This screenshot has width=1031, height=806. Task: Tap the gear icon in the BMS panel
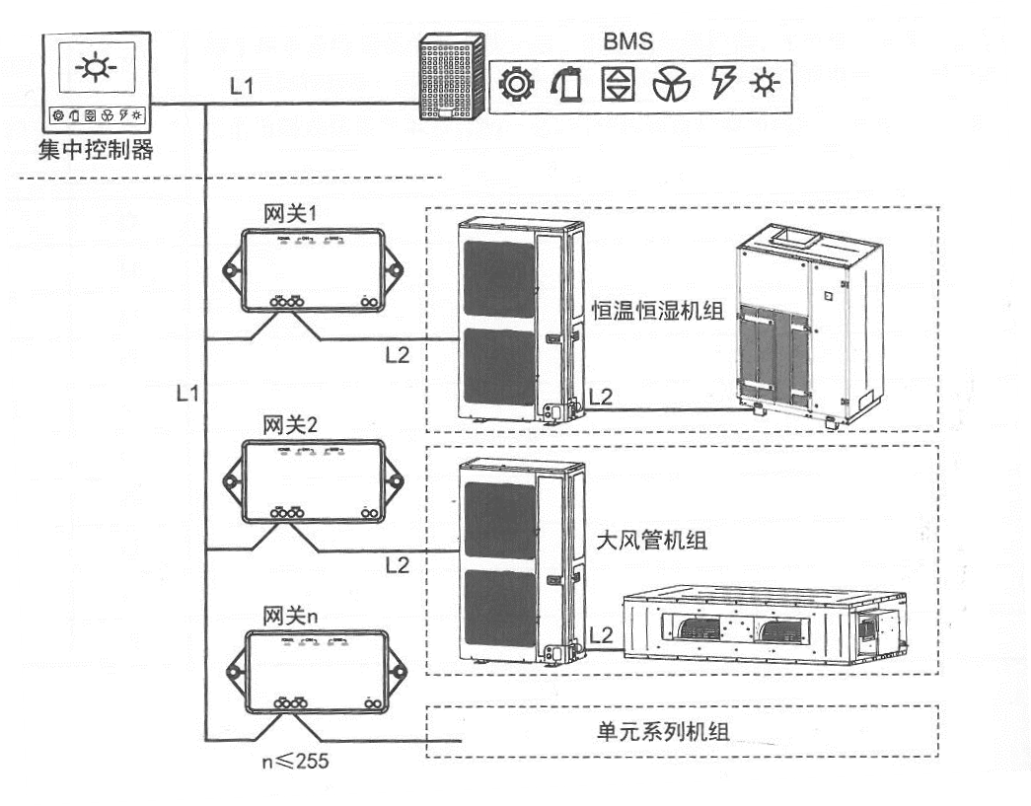point(515,85)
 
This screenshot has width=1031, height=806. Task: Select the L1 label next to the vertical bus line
point(187,393)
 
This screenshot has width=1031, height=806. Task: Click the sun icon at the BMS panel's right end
point(764,85)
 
